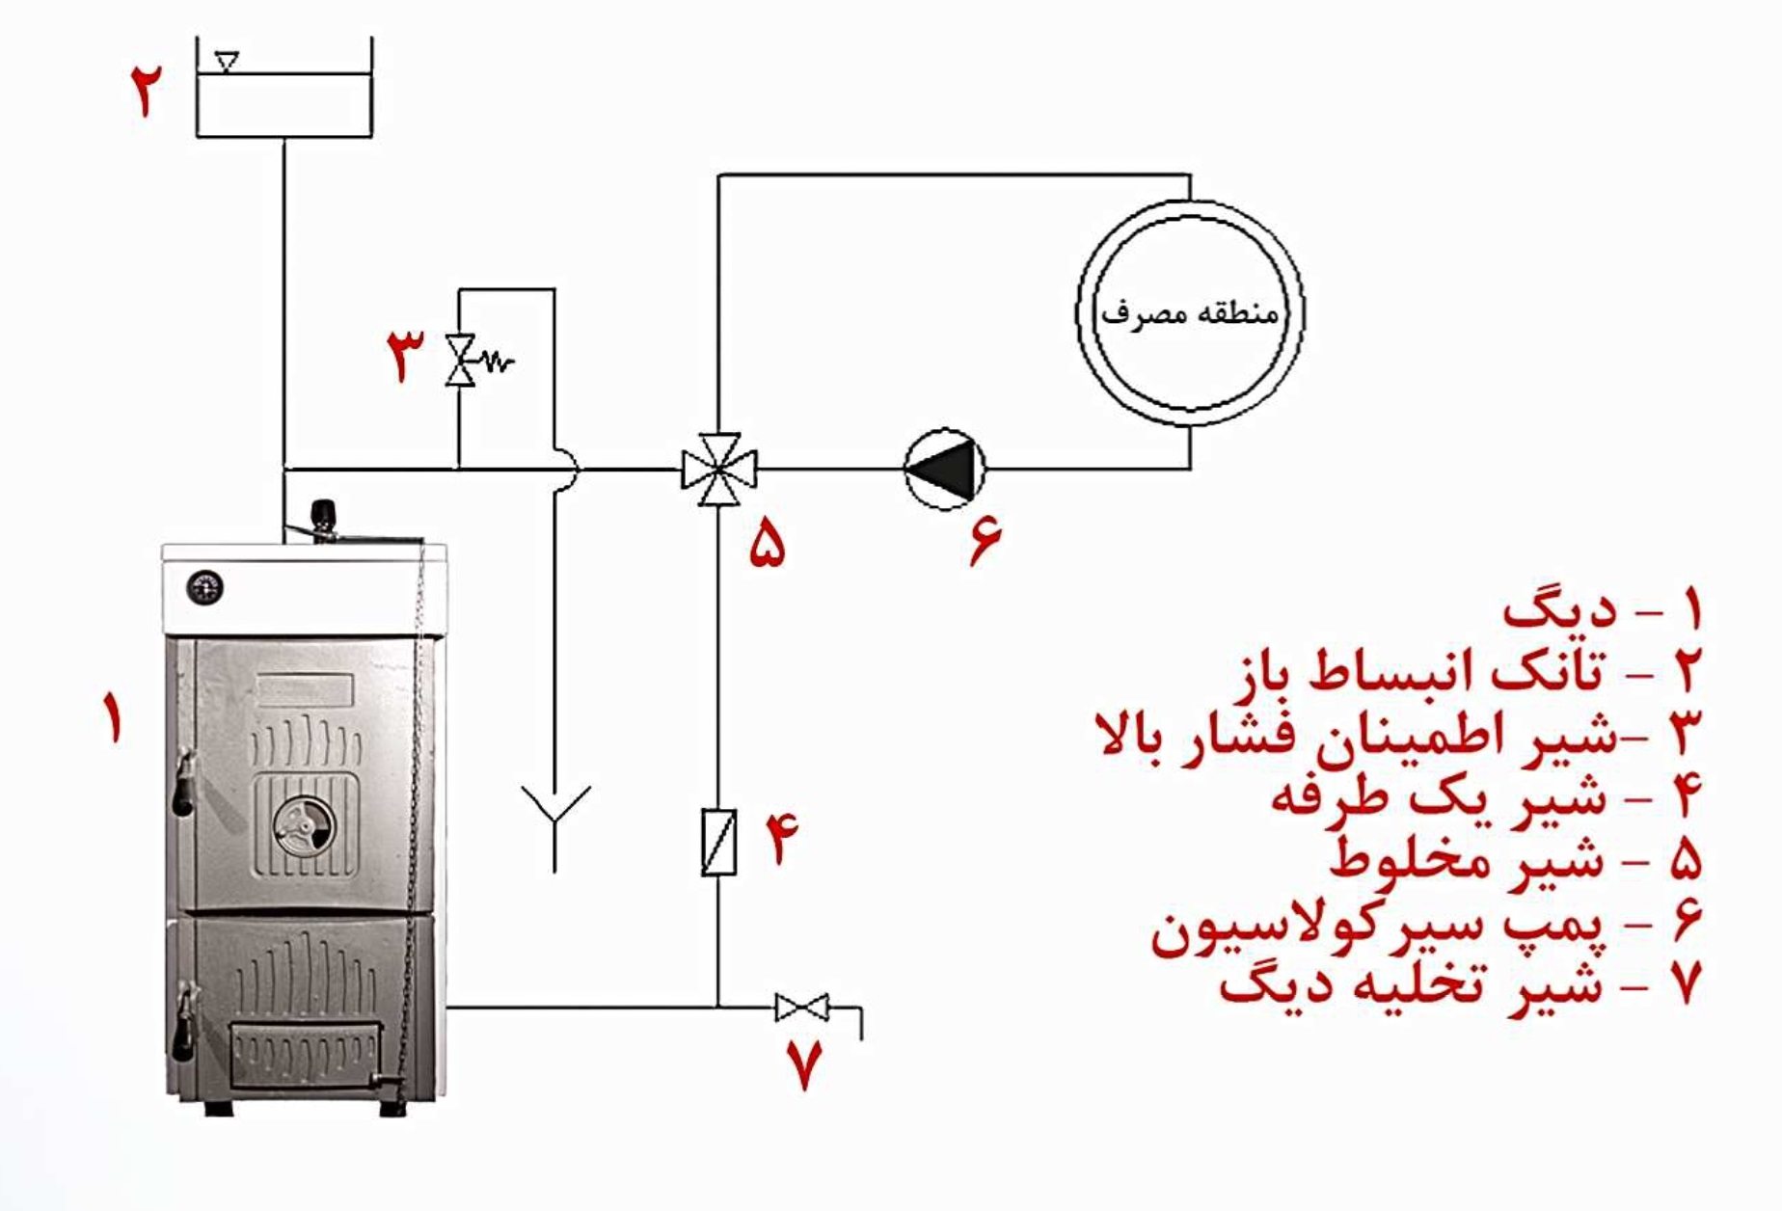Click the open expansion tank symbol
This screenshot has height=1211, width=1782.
click(284, 96)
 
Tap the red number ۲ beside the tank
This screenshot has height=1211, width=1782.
click(147, 91)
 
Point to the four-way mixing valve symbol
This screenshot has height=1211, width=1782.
click(718, 470)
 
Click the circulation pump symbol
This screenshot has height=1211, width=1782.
click(945, 470)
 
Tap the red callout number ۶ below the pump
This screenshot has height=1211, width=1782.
click(985, 542)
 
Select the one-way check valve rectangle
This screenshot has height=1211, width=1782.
click(718, 843)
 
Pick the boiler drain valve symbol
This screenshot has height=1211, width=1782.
click(801, 1009)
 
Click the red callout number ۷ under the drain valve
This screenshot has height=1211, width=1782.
click(805, 1064)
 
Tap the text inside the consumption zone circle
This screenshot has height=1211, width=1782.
click(1190, 313)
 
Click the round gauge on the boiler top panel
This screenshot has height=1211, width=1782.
click(204, 587)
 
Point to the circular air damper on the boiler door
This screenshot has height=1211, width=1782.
click(304, 826)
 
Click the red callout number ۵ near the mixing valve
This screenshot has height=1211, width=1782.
click(768, 544)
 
